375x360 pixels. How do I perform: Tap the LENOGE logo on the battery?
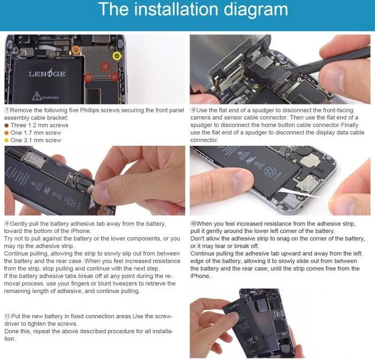tap(47, 73)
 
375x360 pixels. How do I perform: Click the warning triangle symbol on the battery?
tap(36, 96)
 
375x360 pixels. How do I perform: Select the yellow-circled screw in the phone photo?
tap(117, 56)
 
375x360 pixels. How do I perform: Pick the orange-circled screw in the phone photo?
tap(76, 50)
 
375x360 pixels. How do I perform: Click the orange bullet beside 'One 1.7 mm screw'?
tap(6, 133)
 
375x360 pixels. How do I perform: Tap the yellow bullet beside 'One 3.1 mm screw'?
tap(6, 140)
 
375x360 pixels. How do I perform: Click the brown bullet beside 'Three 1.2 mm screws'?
tap(6, 125)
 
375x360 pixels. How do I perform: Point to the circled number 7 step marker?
tap(7, 110)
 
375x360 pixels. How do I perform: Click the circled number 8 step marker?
tap(193, 110)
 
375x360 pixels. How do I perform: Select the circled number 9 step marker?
tap(7, 223)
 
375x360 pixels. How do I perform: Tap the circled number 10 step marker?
tap(193, 223)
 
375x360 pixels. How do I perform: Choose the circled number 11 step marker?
tap(7, 316)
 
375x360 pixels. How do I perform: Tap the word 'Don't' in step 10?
tap(197, 239)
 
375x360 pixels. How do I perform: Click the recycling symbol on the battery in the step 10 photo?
tap(270, 171)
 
